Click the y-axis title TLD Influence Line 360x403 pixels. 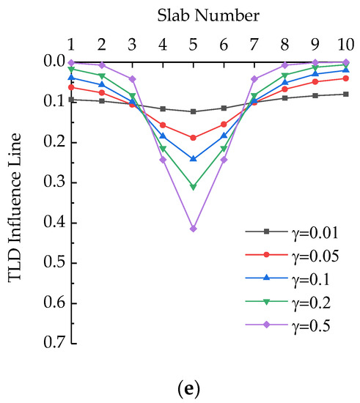coord(16,202)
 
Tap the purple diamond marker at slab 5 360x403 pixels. coord(194,229)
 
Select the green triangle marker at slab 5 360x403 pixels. coord(194,188)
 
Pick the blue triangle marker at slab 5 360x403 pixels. coord(194,159)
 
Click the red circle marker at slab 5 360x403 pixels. coord(194,138)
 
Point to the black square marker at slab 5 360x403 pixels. coord(194,111)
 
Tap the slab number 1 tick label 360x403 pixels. coord(71,42)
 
